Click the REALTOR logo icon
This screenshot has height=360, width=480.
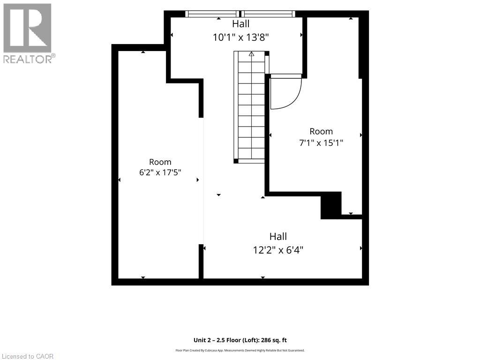click(x=27, y=28)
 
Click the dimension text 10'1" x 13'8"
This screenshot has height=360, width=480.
click(x=240, y=37)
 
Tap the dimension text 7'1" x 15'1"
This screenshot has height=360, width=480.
click(x=321, y=142)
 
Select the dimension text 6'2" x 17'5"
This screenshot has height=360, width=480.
click(x=160, y=172)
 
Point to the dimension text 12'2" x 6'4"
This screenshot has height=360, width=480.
click(x=278, y=250)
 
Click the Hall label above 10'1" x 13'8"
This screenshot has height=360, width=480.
click(x=240, y=23)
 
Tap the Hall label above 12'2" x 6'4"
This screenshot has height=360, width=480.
click(x=278, y=236)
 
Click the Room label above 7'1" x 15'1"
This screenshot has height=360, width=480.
click(x=321, y=131)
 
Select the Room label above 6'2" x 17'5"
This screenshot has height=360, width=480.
click(x=160, y=162)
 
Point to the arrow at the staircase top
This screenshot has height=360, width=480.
click(x=251, y=54)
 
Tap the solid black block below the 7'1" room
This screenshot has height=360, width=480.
click(x=331, y=205)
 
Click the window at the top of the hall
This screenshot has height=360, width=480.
click(x=240, y=14)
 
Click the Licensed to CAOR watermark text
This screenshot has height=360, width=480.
click(x=27, y=356)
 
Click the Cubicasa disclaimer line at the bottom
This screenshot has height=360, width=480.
click(x=240, y=351)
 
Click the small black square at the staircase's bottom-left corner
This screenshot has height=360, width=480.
click(x=236, y=161)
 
